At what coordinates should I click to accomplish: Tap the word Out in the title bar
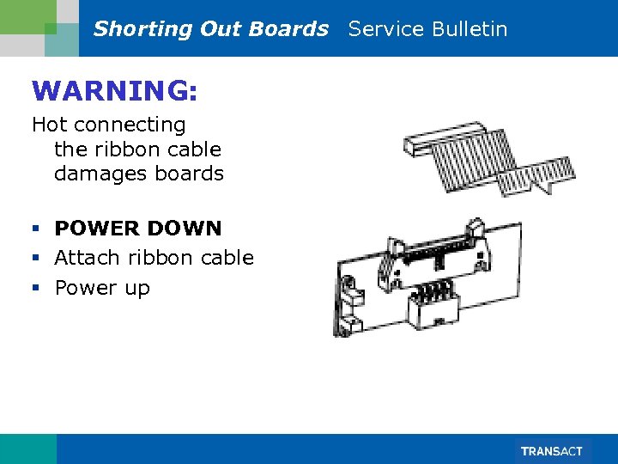pos(221,29)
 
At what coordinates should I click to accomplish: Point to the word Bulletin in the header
pos(470,29)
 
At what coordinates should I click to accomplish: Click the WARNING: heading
pos(108,89)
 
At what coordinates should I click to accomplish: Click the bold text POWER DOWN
pos(138,229)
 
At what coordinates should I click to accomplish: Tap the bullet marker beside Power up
pos(36,288)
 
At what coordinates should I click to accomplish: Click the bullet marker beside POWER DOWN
pos(36,229)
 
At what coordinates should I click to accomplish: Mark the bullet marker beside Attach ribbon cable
pos(36,258)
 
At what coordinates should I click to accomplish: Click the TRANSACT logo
pos(551,451)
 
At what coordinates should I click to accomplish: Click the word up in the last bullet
pos(136,288)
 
